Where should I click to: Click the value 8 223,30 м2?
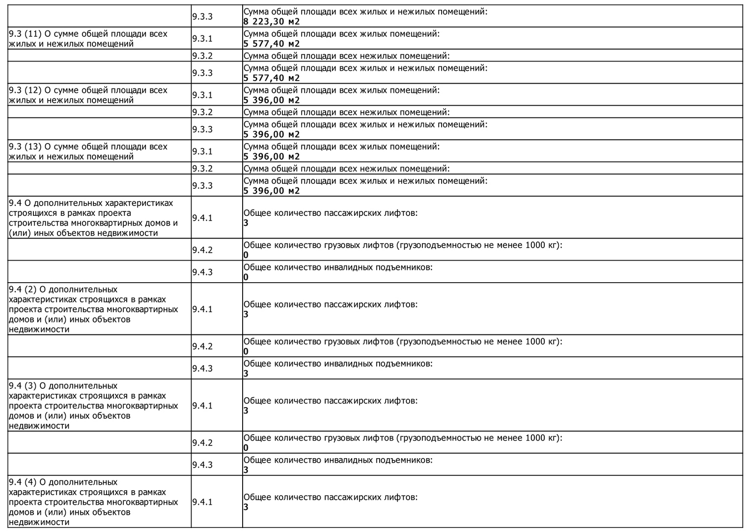click(x=271, y=22)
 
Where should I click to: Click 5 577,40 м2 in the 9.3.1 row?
click(x=271, y=44)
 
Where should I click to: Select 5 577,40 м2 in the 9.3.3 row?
click(x=271, y=78)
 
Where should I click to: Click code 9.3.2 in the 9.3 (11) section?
click(x=202, y=56)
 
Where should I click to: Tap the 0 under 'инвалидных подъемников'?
click(x=246, y=277)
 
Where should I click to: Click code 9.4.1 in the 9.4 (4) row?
click(x=202, y=502)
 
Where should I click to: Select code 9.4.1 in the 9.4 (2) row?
click(x=202, y=309)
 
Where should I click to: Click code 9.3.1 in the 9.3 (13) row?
click(x=202, y=151)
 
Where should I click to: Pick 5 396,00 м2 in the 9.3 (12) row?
click(x=271, y=100)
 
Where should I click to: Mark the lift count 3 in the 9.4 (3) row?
click(x=246, y=411)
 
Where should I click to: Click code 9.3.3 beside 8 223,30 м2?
click(x=202, y=16)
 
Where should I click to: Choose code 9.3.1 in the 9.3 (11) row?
click(x=202, y=38)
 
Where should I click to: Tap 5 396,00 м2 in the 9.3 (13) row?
click(x=271, y=157)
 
